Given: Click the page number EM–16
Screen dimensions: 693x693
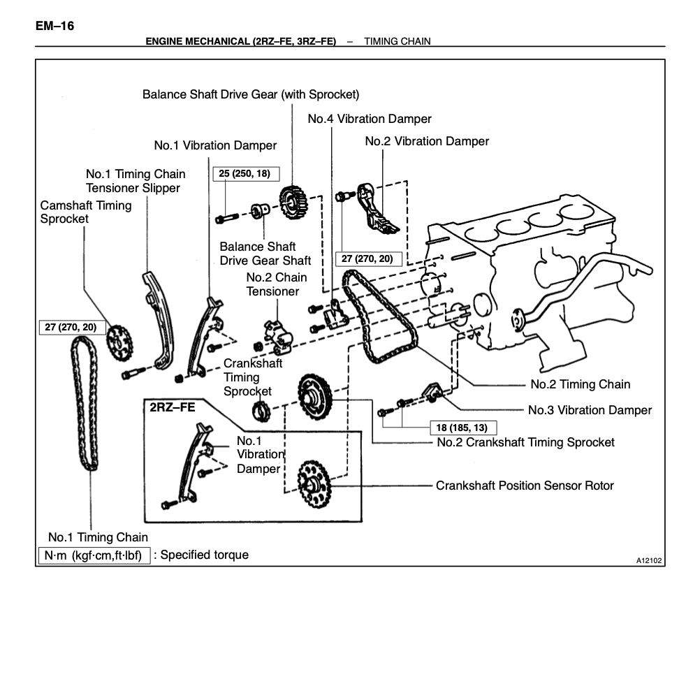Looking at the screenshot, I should (x=55, y=27).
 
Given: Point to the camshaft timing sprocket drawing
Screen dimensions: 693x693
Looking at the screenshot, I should (x=119, y=340).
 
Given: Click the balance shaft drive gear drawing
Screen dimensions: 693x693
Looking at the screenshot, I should (x=293, y=200).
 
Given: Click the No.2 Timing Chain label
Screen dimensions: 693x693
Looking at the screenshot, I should (x=580, y=384).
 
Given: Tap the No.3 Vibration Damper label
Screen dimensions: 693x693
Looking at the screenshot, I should (x=590, y=410).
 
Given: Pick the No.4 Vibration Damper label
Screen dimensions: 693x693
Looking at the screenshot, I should (x=370, y=119).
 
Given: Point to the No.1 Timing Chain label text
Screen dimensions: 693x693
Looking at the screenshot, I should (x=98, y=537).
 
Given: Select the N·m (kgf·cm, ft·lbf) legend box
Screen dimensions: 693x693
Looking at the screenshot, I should (x=94, y=555).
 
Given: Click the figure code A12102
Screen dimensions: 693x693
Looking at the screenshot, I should (x=649, y=560).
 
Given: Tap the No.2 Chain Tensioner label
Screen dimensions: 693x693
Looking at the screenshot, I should (x=272, y=284).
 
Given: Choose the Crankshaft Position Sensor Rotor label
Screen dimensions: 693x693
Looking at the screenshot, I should (x=525, y=485).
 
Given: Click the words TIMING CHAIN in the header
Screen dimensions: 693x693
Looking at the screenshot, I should (x=397, y=41).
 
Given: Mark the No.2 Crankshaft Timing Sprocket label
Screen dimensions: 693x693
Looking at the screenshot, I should (x=525, y=442).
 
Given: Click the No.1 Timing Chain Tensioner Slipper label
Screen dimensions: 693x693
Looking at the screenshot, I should (x=136, y=181).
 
